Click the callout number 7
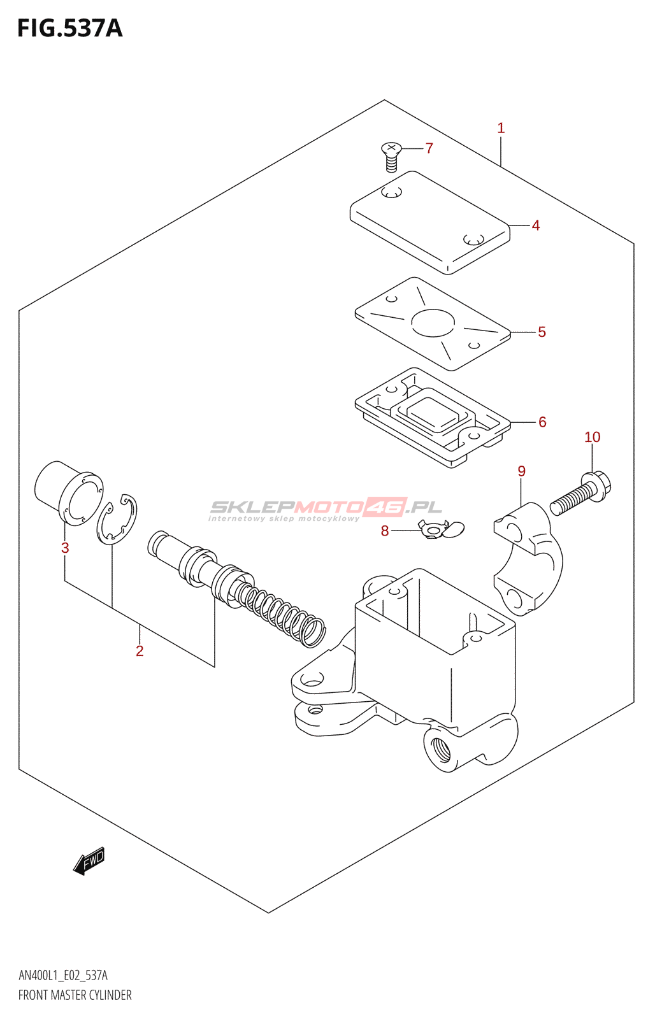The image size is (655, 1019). click(429, 148)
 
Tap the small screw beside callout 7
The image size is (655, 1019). click(391, 157)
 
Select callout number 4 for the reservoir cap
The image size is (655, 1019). click(536, 225)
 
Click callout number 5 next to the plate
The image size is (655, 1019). click(542, 332)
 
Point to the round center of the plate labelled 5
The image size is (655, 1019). click(433, 323)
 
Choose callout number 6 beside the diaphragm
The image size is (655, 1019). click(542, 422)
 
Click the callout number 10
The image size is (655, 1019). click(592, 437)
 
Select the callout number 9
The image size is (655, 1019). click(521, 471)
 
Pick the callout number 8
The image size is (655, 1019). click(385, 531)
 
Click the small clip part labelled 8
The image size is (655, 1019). click(442, 529)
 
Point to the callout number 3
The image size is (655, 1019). click(65, 548)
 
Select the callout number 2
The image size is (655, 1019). click(140, 651)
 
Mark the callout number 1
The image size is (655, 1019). click(501, 128)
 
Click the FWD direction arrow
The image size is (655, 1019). click(89, 861)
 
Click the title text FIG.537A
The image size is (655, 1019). click(69, 29)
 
